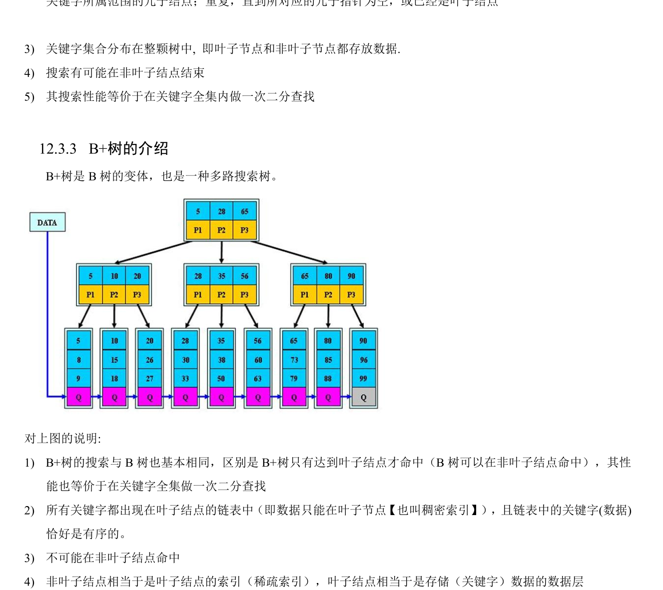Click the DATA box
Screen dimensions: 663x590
tap(47, 222)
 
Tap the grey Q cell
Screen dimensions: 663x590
tap(363, 398)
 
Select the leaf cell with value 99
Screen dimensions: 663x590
tap(363, 379)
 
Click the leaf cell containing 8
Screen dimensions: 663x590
tap(78, 360)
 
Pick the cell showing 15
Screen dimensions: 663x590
tap(114, 360)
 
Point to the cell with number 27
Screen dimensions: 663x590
tap(149, 379)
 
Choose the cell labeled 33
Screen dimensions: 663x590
tap(185, 379)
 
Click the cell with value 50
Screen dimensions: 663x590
tap(221, 379)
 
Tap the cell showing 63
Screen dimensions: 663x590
tap(258, 379)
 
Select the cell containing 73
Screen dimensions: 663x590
tap(294, 360)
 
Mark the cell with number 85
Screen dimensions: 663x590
tap(328, 360)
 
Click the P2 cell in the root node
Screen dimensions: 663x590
tap(221, 230)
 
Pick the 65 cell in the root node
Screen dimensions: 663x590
tap(244, 211)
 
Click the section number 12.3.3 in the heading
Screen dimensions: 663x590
tap(58, 149)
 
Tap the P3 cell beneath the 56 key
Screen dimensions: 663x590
tap(244, 295)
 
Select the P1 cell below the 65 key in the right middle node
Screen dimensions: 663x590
tap(304, 295)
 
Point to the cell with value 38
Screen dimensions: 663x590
tap(221, 360)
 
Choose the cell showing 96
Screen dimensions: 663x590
tap(363, 360)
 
